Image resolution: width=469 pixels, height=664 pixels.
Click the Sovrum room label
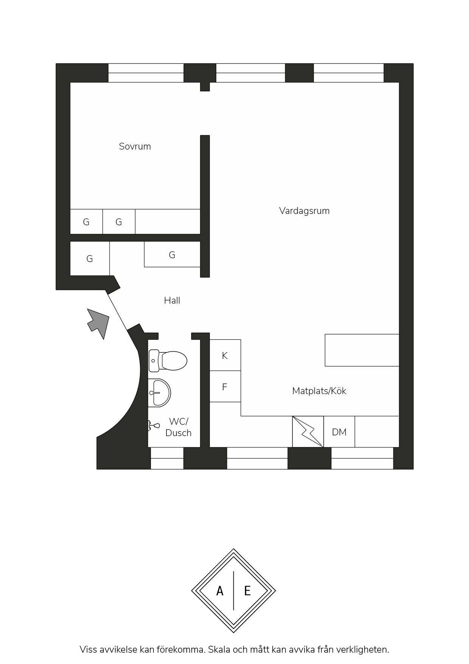click(x=135, y=147)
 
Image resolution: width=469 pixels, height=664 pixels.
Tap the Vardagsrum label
click(x=304, y=211)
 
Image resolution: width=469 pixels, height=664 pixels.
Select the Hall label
click(x=172, y=301)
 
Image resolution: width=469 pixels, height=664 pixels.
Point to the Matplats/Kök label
click(x=319, y=391)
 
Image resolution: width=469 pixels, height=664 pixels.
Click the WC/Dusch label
click(x=179, y=427)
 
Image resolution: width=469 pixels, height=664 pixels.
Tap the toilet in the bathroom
click(x=168, y=361)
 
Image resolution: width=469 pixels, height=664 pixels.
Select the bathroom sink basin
click(x=160, y=393)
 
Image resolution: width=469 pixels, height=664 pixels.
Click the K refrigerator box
click(x=225, y=355)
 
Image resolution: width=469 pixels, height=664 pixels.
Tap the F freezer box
click(x=225, y=387)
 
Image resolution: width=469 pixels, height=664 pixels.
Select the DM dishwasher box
click(x=339, y=432)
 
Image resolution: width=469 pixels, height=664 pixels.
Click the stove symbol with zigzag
click(x=308, y=432)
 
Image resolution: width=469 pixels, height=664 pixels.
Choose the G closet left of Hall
click(x=90, y=259)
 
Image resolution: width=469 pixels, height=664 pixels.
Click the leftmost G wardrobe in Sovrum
click(x=86, y=222)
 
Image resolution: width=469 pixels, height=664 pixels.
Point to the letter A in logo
click(x=220, y=591)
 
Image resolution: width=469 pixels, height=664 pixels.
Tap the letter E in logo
click(x=247, y=591)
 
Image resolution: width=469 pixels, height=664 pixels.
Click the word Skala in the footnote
click(x=219, y=650)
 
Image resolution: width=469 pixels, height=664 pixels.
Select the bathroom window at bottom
click(x=167, y=458)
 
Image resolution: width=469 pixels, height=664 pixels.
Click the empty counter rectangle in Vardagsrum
click(x=362, y=350)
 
